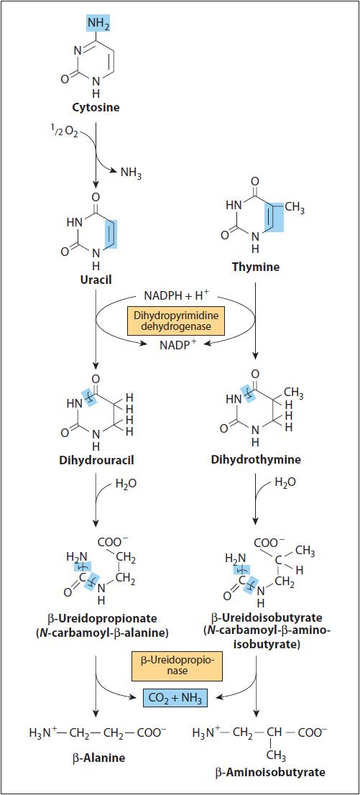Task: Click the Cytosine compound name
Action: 96,108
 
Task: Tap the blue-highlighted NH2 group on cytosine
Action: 98,23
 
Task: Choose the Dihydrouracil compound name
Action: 96,460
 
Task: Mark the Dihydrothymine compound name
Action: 256,460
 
